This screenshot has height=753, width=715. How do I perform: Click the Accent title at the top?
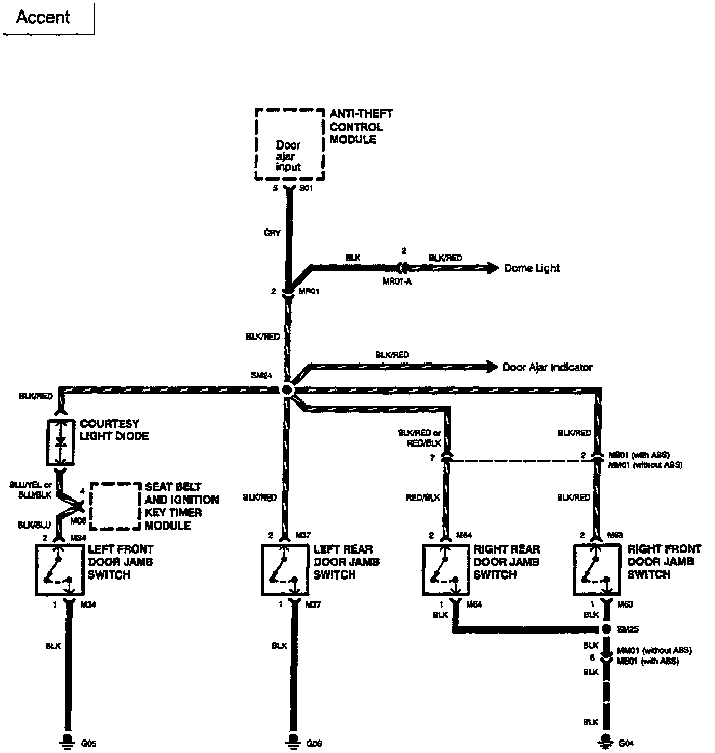[x=43, y=17]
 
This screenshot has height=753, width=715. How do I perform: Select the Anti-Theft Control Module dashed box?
[x=289, y=144]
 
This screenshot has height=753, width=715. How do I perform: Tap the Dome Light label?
[x=532, y=268]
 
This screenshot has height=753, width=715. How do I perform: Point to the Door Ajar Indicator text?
[x=547, y=367]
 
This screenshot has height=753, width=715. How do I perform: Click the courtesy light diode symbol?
[x=60, y=442]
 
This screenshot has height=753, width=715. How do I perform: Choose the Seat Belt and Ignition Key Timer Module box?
[x=115, y=506]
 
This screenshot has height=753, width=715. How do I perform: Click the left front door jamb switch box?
[x=59, y=570]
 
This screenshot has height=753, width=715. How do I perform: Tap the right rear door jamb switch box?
[x=445, y=570]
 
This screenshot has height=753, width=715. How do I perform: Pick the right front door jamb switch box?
[x=597, y=570]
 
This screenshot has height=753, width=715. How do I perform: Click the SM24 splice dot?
[x=287, y=389]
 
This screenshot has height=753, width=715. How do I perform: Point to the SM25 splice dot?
[x=605, y=629]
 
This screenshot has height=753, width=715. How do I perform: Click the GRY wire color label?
[x=272, y=233]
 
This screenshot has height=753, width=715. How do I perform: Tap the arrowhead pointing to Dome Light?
[x=493, y=268]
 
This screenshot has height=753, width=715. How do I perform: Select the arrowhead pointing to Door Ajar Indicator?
[x=492, y=367]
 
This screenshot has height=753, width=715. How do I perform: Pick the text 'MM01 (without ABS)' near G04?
[x=654, y=651]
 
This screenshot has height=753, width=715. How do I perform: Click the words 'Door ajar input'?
[x=288, y=156]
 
